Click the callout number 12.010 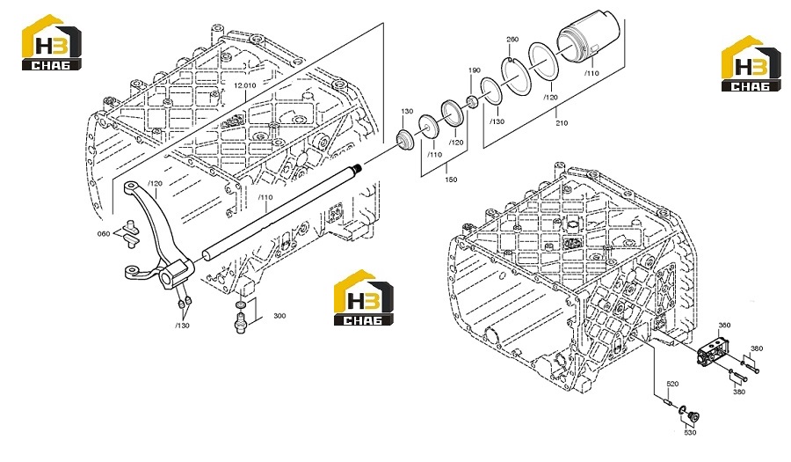(244, 86)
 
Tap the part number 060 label (104, 234)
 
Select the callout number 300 (279, 316)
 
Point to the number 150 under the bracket (451, 180)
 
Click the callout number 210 (562, 122)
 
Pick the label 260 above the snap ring (512, 40)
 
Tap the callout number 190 (475, 70)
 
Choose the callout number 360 (724, 326)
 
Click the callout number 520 (672, 385)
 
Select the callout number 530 (690, 433)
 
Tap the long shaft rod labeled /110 (281, 212)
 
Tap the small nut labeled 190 (472, 102)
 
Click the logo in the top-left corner (52, 42)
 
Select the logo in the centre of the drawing (364, 297)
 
